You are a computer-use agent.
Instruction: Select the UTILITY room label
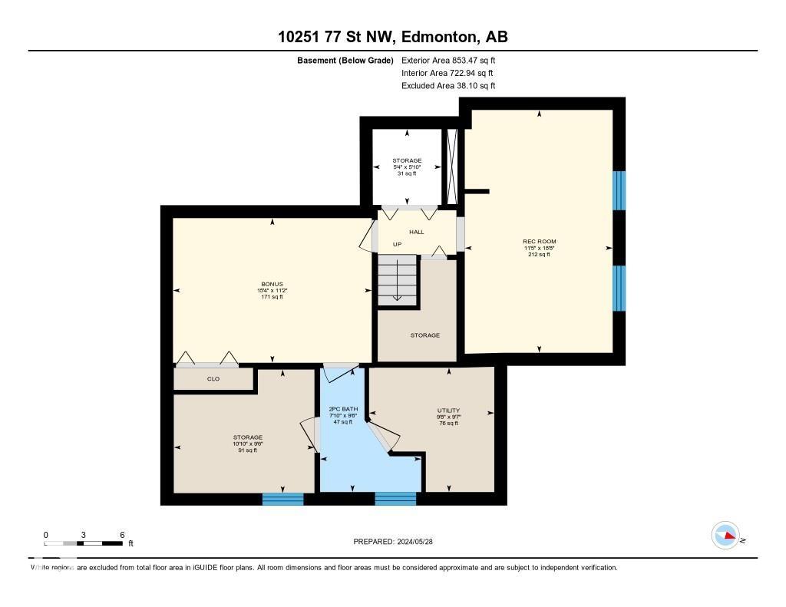[x=447, y=411]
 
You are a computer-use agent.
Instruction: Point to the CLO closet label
[x=213, y=379]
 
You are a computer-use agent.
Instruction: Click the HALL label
[x=416, y=232]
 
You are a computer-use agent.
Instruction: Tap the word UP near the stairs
[x=397, y=245]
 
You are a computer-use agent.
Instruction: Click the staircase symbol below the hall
[x=398, y=280]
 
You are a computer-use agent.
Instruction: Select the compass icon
[x=725, y=536]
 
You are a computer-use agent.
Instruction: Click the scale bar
[x=84, y=543]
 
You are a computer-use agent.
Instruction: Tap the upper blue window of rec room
[x=619, y=190]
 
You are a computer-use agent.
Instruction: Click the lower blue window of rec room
[x=619, y=289]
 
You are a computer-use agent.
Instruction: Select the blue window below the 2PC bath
[x=395, y=499]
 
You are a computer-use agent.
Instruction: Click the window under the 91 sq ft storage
[x=282, y=499]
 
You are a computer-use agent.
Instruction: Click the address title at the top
[x=392, y=37]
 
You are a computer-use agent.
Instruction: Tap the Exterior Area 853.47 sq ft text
[x=448, y=60]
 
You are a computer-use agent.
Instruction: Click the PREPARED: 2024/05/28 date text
[x=394, y=542]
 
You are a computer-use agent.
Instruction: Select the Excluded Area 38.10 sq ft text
[x=448, y=86]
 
